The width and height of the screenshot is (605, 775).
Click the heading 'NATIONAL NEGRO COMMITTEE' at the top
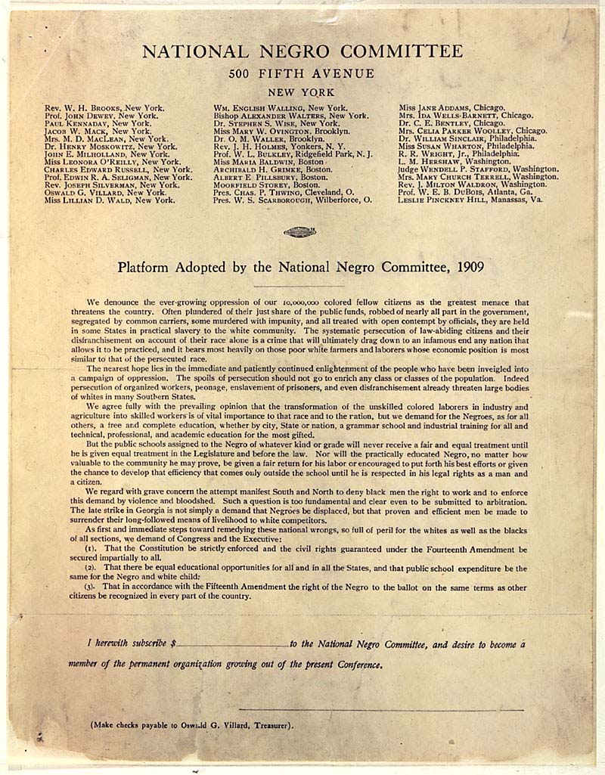click(x=302, y=51)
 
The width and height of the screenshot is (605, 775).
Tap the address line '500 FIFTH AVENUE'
click(x=302, y=73)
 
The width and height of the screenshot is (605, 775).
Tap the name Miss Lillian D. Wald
click(x=110, y=200)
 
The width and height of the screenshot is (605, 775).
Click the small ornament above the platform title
click(x=302, y=231)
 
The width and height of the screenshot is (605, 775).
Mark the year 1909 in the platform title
click(x=470, y=268)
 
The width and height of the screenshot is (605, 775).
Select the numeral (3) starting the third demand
click(x=91, y=586)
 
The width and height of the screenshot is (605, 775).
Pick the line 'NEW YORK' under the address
click(x=302, y=91)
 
